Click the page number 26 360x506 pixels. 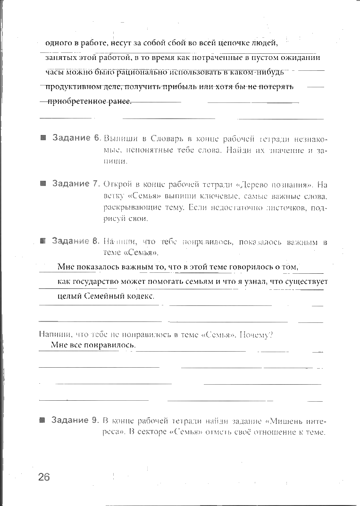[x=44, y=477]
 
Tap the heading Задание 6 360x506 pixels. [x=77, y=138]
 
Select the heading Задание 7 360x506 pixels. [x=77, y=184]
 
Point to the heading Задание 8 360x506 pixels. [x=76, y=241]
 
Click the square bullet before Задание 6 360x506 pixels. [x=43, y=138]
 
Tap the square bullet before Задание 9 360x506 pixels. [x=42, y=420]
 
